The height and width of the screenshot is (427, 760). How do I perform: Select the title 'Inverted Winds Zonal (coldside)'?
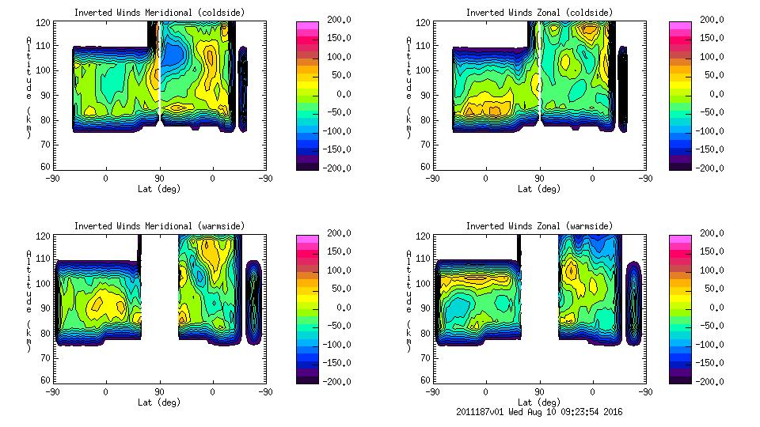click(539, 12)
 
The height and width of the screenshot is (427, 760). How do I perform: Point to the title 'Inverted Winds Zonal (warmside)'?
click(539, 226)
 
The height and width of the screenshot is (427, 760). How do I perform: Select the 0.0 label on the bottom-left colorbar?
click(341, 308)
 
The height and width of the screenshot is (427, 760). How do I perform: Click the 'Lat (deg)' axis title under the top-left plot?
click(159, 189)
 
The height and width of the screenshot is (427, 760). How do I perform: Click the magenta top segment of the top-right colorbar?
click(679, 28)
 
